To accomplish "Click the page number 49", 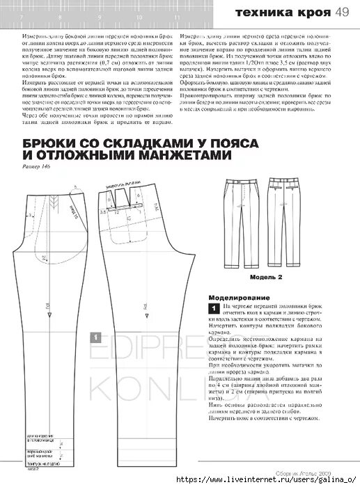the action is (342, 12).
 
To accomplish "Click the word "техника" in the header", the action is (258, 13).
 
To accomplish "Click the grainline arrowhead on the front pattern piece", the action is (52, 301).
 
